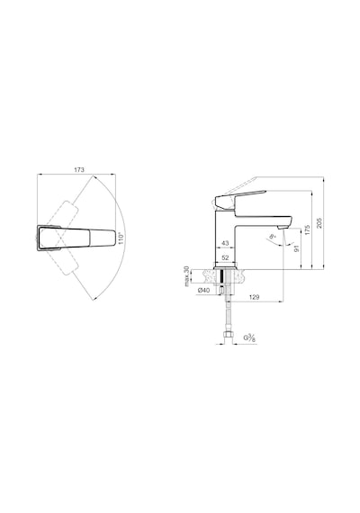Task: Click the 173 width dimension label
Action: pos(79,170)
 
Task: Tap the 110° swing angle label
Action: pos(121,238)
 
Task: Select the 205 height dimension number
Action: pos(319,223)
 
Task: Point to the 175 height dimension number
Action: pos(307,230)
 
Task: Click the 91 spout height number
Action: pos(296,248)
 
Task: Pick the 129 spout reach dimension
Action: pos(254,297)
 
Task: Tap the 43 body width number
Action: pos(225,243)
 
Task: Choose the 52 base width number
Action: pos(225,257)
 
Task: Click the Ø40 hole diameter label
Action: pos(203,290)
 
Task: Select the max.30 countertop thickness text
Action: pos(187,276)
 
